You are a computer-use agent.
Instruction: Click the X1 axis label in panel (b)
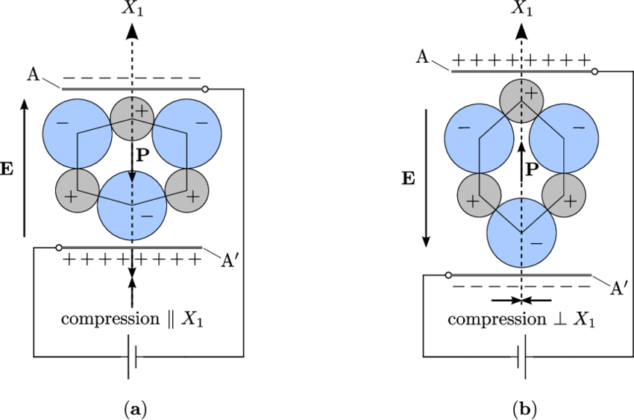(x=521, y=8)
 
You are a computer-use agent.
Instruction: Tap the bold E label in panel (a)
(x=7, y=169)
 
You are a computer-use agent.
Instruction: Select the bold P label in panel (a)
(x=142, y=157)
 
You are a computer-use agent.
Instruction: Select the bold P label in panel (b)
(x=532, y=169)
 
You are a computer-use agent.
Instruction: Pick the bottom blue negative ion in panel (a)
(x=132, y=205)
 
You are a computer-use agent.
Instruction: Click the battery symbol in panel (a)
(x=132, y=357)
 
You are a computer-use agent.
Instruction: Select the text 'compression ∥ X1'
(x=132, y=319)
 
